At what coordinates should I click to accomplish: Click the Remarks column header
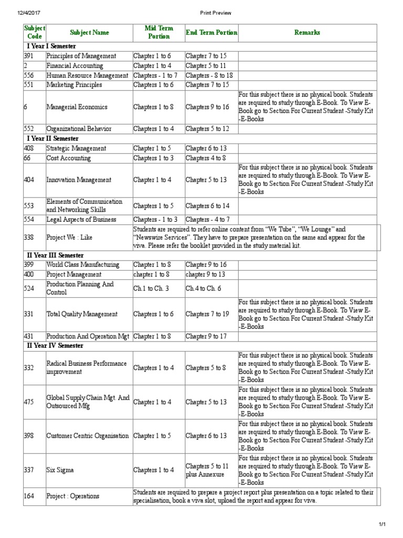pos(307,33)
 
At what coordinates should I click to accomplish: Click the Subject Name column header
pos(89,33)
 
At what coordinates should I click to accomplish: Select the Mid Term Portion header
pos(159,32)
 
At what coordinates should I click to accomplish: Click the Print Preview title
pos(201,13)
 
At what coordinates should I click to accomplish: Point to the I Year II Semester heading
pos(51,139)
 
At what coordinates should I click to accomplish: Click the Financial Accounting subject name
pos(75,66)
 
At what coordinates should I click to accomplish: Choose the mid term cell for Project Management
pos(152,274)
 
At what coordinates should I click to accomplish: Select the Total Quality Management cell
pos(82,314)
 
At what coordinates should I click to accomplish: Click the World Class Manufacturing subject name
pos(82,265)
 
